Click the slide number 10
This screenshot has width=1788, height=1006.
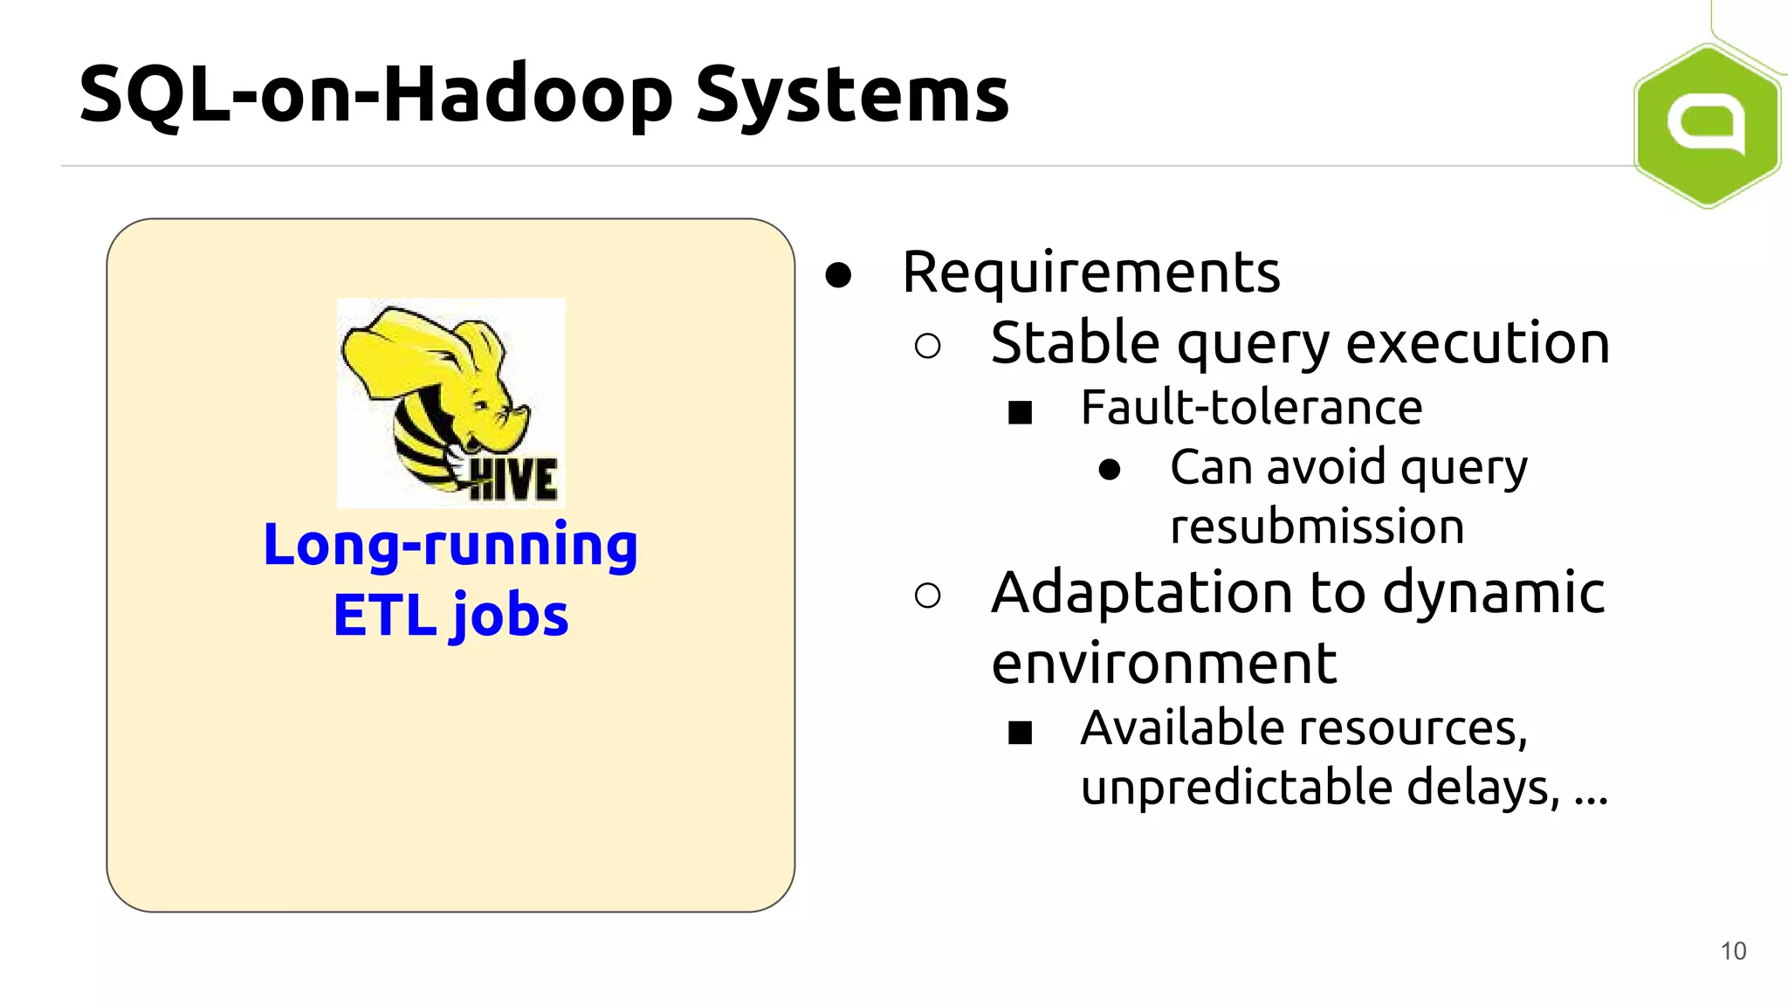(1733, 951)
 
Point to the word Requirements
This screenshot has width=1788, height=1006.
(1090, 272)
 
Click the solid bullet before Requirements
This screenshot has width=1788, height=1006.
(838, 275)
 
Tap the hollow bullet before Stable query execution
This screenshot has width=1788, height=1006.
(927, 347)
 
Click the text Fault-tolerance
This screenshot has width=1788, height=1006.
(1251, 408)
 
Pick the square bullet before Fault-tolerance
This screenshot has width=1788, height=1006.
(1020, 412)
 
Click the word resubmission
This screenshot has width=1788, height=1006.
(1317, 527)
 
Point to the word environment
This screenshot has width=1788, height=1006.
(1163, 664)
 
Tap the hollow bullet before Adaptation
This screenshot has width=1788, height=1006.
(927, 596)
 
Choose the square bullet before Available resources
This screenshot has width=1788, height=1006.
(1020, 732)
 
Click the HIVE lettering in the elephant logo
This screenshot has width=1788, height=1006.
(513, 479)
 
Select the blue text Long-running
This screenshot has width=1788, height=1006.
(450, 545)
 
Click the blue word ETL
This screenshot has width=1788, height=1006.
(384, 616)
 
